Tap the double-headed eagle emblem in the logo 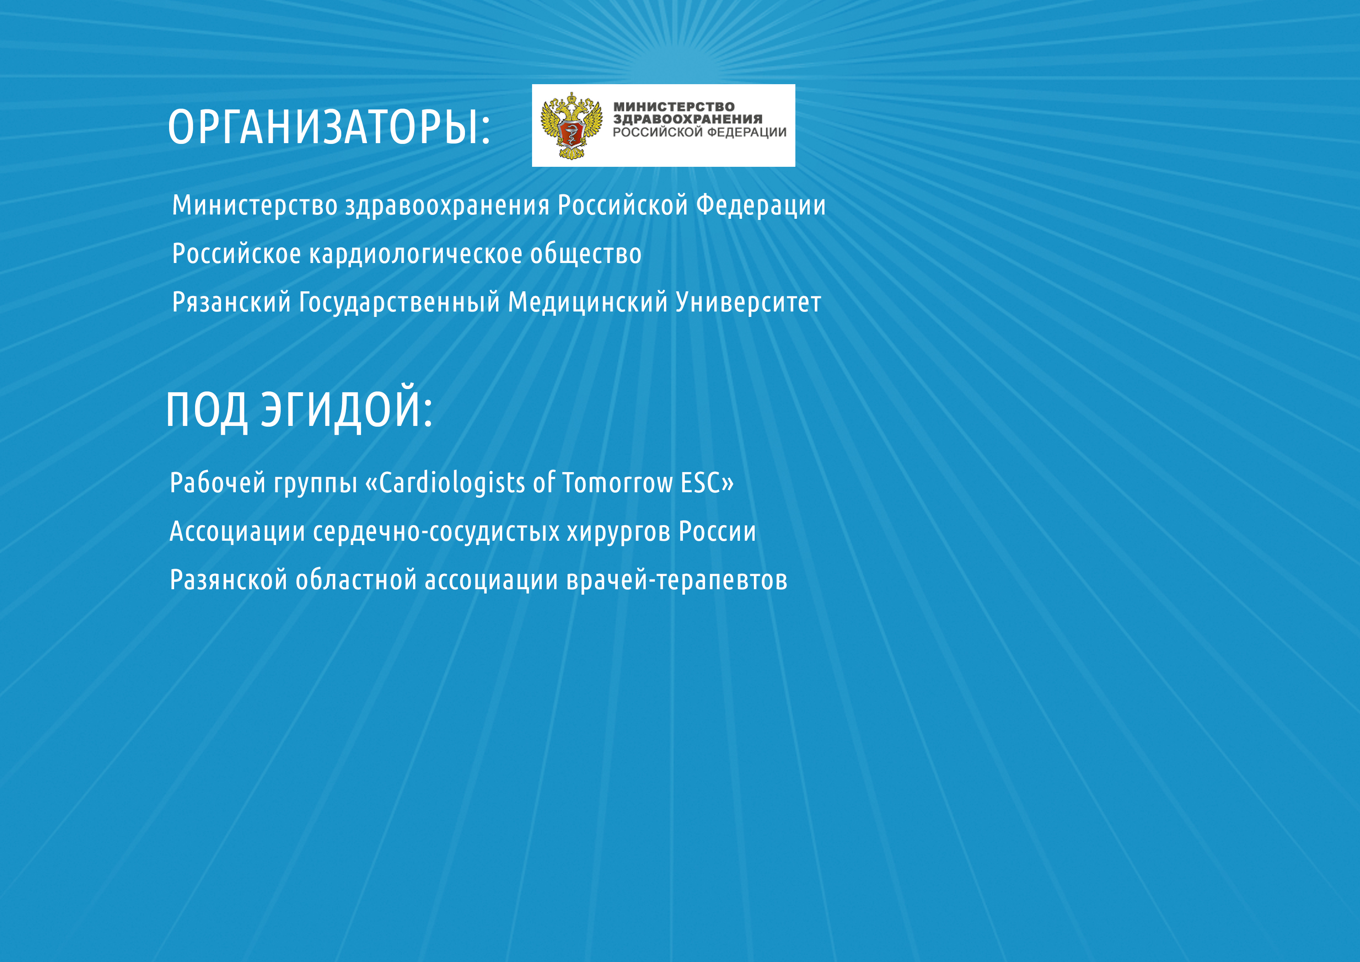click(x=571, y=126)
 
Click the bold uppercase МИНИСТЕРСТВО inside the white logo click(x=674, y=107)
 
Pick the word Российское click(x=236, y=254)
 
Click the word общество click(x=586, y=254)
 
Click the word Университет click(x=748, y=303)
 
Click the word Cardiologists click(x=452, y=483)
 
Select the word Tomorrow click(x=618, y=483)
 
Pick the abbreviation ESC click(x=700, y=483)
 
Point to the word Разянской click(x=229, y=580)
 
